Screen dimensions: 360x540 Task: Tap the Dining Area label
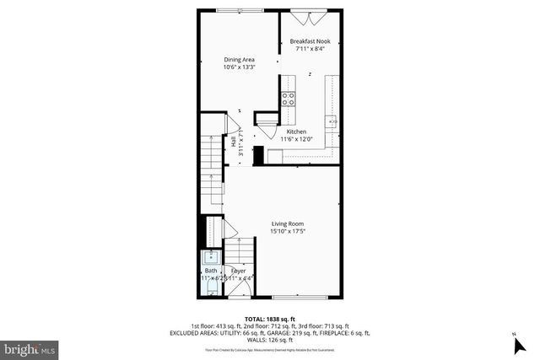pos(239,59)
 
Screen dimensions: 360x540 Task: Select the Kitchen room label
pos(296,132)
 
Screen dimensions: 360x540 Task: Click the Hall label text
pos(234,142)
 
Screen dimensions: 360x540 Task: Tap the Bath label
pos(210,271)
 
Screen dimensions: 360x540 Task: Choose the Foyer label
pos(239,271)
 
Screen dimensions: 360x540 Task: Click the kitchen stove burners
pos(288,99)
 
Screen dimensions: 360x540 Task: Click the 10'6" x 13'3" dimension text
pos(239,67)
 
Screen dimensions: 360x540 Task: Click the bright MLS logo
pos(30,347)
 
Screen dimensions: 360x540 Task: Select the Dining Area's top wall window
pos(228,10)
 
